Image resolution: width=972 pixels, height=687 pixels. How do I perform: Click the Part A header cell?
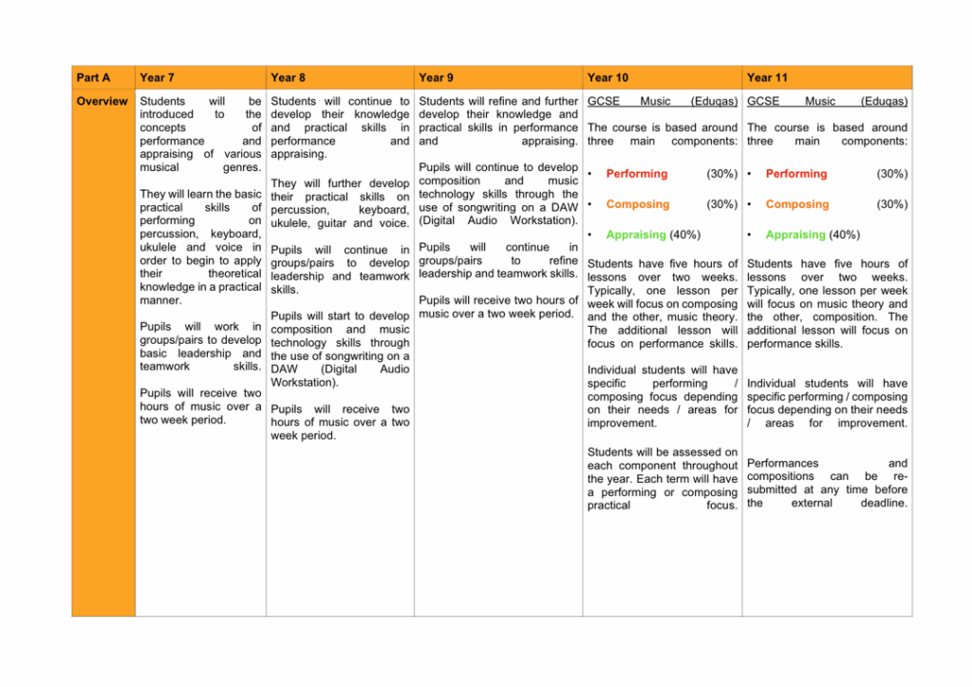click(93, 77)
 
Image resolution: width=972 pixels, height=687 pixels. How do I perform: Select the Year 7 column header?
click(157, 77)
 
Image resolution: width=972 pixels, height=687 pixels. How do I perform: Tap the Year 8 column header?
click(288, 77)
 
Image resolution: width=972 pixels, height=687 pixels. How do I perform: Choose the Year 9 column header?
click(436, 77)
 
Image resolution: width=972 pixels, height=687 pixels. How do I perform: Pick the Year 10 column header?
click(607, 77)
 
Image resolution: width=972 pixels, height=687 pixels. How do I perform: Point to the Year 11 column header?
click(767, 77)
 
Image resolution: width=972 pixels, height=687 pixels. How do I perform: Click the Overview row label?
click(102, 101)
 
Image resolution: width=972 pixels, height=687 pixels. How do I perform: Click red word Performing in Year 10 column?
click(637, 174)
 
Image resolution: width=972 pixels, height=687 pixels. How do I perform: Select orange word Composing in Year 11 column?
click(797, 204)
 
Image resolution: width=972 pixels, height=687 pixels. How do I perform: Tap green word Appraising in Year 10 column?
click(636, 235)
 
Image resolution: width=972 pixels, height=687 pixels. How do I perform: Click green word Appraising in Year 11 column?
click(795, 235)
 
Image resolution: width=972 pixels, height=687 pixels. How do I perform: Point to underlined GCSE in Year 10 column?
click(604, 101)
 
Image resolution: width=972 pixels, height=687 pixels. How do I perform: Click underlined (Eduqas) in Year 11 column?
click(884, 101)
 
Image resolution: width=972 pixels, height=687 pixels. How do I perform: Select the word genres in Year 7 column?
click(241, 167)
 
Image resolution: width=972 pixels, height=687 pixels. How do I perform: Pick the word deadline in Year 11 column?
click(884, 503)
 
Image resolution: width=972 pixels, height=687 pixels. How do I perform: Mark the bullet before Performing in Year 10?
click(590, 174)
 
